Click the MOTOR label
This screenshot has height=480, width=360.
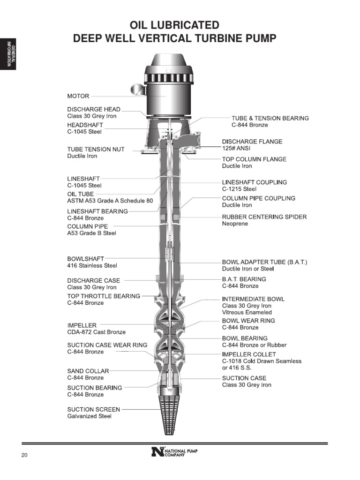(x=78, y=96)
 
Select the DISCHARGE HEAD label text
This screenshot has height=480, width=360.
(x=94, y=109)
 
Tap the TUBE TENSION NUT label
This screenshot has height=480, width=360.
(x=96, y=149)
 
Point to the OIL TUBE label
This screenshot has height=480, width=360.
(x=81, y=194)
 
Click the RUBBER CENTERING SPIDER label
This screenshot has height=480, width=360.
(x=264, y=217)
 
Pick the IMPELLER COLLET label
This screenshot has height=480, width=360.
(x=249, y=354)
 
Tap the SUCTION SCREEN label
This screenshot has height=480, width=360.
(x=94, y=409)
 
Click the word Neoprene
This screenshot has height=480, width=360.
(x=235, y=224)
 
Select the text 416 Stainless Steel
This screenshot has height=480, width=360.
(x=92, y=265)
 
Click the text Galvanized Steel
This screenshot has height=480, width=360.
(x=89, y=416)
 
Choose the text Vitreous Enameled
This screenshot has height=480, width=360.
(x=247, y=312)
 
